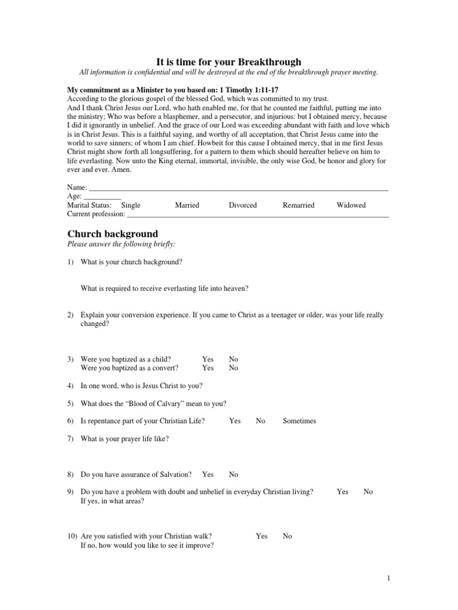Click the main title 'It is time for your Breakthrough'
pyautogui.click(x=228, y=62)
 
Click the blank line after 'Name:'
pyautogui.click(x=239, y=188)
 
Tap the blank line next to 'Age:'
pyautogui.click(x=102, y=197)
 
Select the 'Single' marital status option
pyautogui.click(x=131, y=205)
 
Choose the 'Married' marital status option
pyautogui.click(x=187, y=205)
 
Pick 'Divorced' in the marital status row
pyautogui.click(x=243, y=205)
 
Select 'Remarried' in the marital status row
pyautogui.click(x=298, y=205)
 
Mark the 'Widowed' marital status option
pyautogui.click(x=351, y=205)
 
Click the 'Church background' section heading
pyautogui.click(x=113, y=234)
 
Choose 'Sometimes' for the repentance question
pyautogui.click(x=299, y=421)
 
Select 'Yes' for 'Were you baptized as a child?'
pyautogui.click(x=208, y=359)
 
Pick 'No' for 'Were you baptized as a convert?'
pyautogui.click(x=233, y=368)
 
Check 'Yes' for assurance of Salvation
pyautogui.click(x=208, y=474)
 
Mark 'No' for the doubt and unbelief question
pyautogui.click(x=368, y=491)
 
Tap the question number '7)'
pyautogui.click(x=70, y=439)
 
